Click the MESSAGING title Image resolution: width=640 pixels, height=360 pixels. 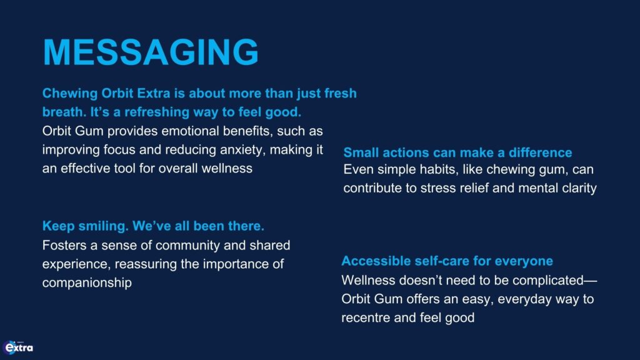pos(151,52)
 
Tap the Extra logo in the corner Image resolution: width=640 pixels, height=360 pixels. pos(18,347)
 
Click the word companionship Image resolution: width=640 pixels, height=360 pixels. pos(87,283)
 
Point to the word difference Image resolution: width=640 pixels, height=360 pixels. pos(540,152)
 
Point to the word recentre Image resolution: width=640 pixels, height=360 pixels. pos(366,318)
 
